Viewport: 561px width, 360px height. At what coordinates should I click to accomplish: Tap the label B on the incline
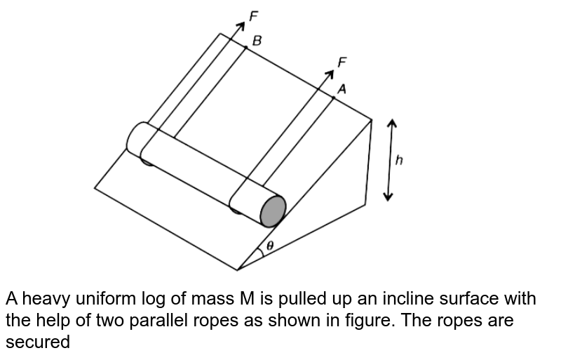pos(257,41)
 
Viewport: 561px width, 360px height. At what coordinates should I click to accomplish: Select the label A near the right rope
pos(342,89)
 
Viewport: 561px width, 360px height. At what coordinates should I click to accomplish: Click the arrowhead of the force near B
pos(241,26)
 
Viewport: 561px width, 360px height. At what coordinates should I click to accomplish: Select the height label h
pos(399,160)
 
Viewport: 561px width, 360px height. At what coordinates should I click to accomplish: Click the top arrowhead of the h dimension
pos(391,123)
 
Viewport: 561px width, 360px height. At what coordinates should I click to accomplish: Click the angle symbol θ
pos(270,246)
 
